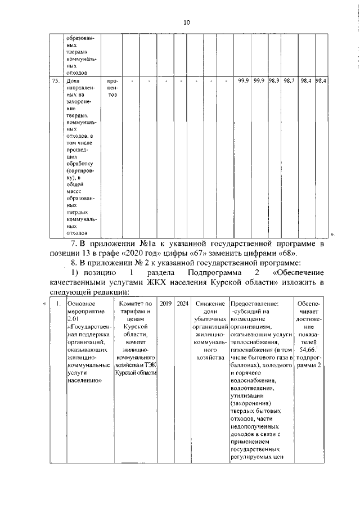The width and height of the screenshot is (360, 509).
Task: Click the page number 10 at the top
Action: pyautogui.click(x=187, y=22)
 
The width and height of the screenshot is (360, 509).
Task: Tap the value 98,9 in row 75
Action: pyautogui.click(x=274, y=82)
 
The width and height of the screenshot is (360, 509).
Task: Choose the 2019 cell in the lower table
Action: pyautogui.click(x=165, y=304)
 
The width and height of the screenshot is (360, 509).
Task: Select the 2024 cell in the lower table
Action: pyautogui.click(x=182, y=304)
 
